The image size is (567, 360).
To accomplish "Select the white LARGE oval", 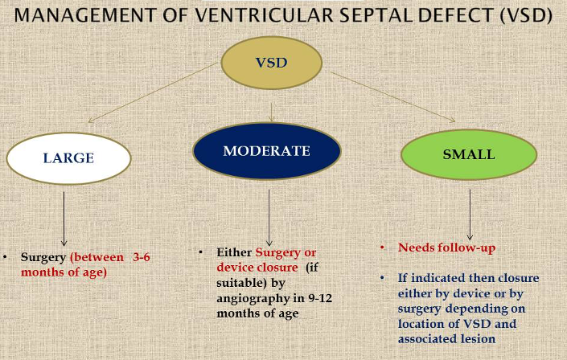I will [x=68, y=157].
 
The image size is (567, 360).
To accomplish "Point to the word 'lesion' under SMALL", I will [x=479, y=339].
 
